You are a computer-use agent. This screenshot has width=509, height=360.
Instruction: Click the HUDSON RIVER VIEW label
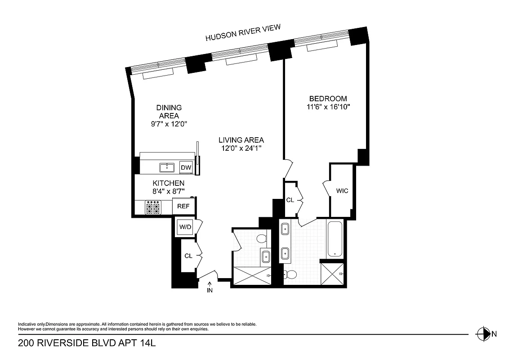[243, 33]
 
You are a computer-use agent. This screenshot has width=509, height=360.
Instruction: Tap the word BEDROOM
[328, 99]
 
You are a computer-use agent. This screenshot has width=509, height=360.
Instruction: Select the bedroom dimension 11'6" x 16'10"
[328, 107]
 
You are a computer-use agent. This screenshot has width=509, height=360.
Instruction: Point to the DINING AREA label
[169, 112]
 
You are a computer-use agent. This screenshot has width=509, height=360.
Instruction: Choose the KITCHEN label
[169, 183]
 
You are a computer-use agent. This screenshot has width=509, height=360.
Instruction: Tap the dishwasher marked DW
[186, 168]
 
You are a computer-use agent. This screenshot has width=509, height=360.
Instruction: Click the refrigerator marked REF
[183, 207]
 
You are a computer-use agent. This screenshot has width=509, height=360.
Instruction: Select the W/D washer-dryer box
[186, 227]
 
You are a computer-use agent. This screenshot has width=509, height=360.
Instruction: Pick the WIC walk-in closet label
[342, 191]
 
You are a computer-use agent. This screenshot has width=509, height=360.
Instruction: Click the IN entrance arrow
[210, 288]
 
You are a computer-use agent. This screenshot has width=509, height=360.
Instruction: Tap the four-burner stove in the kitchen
[153, 208]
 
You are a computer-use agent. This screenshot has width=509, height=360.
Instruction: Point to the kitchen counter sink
[167, 168]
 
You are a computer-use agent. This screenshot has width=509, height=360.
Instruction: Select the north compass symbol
[483, 334]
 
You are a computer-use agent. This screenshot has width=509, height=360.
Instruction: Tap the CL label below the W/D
[188, 256]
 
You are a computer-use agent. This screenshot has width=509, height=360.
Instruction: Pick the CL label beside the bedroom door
[290, 200]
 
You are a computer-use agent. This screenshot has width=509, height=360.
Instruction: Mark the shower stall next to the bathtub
[332, 273]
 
